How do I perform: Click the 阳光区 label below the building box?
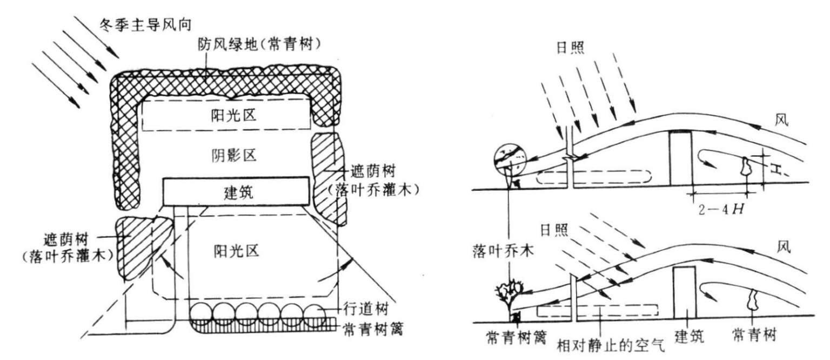pos(227,250)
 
